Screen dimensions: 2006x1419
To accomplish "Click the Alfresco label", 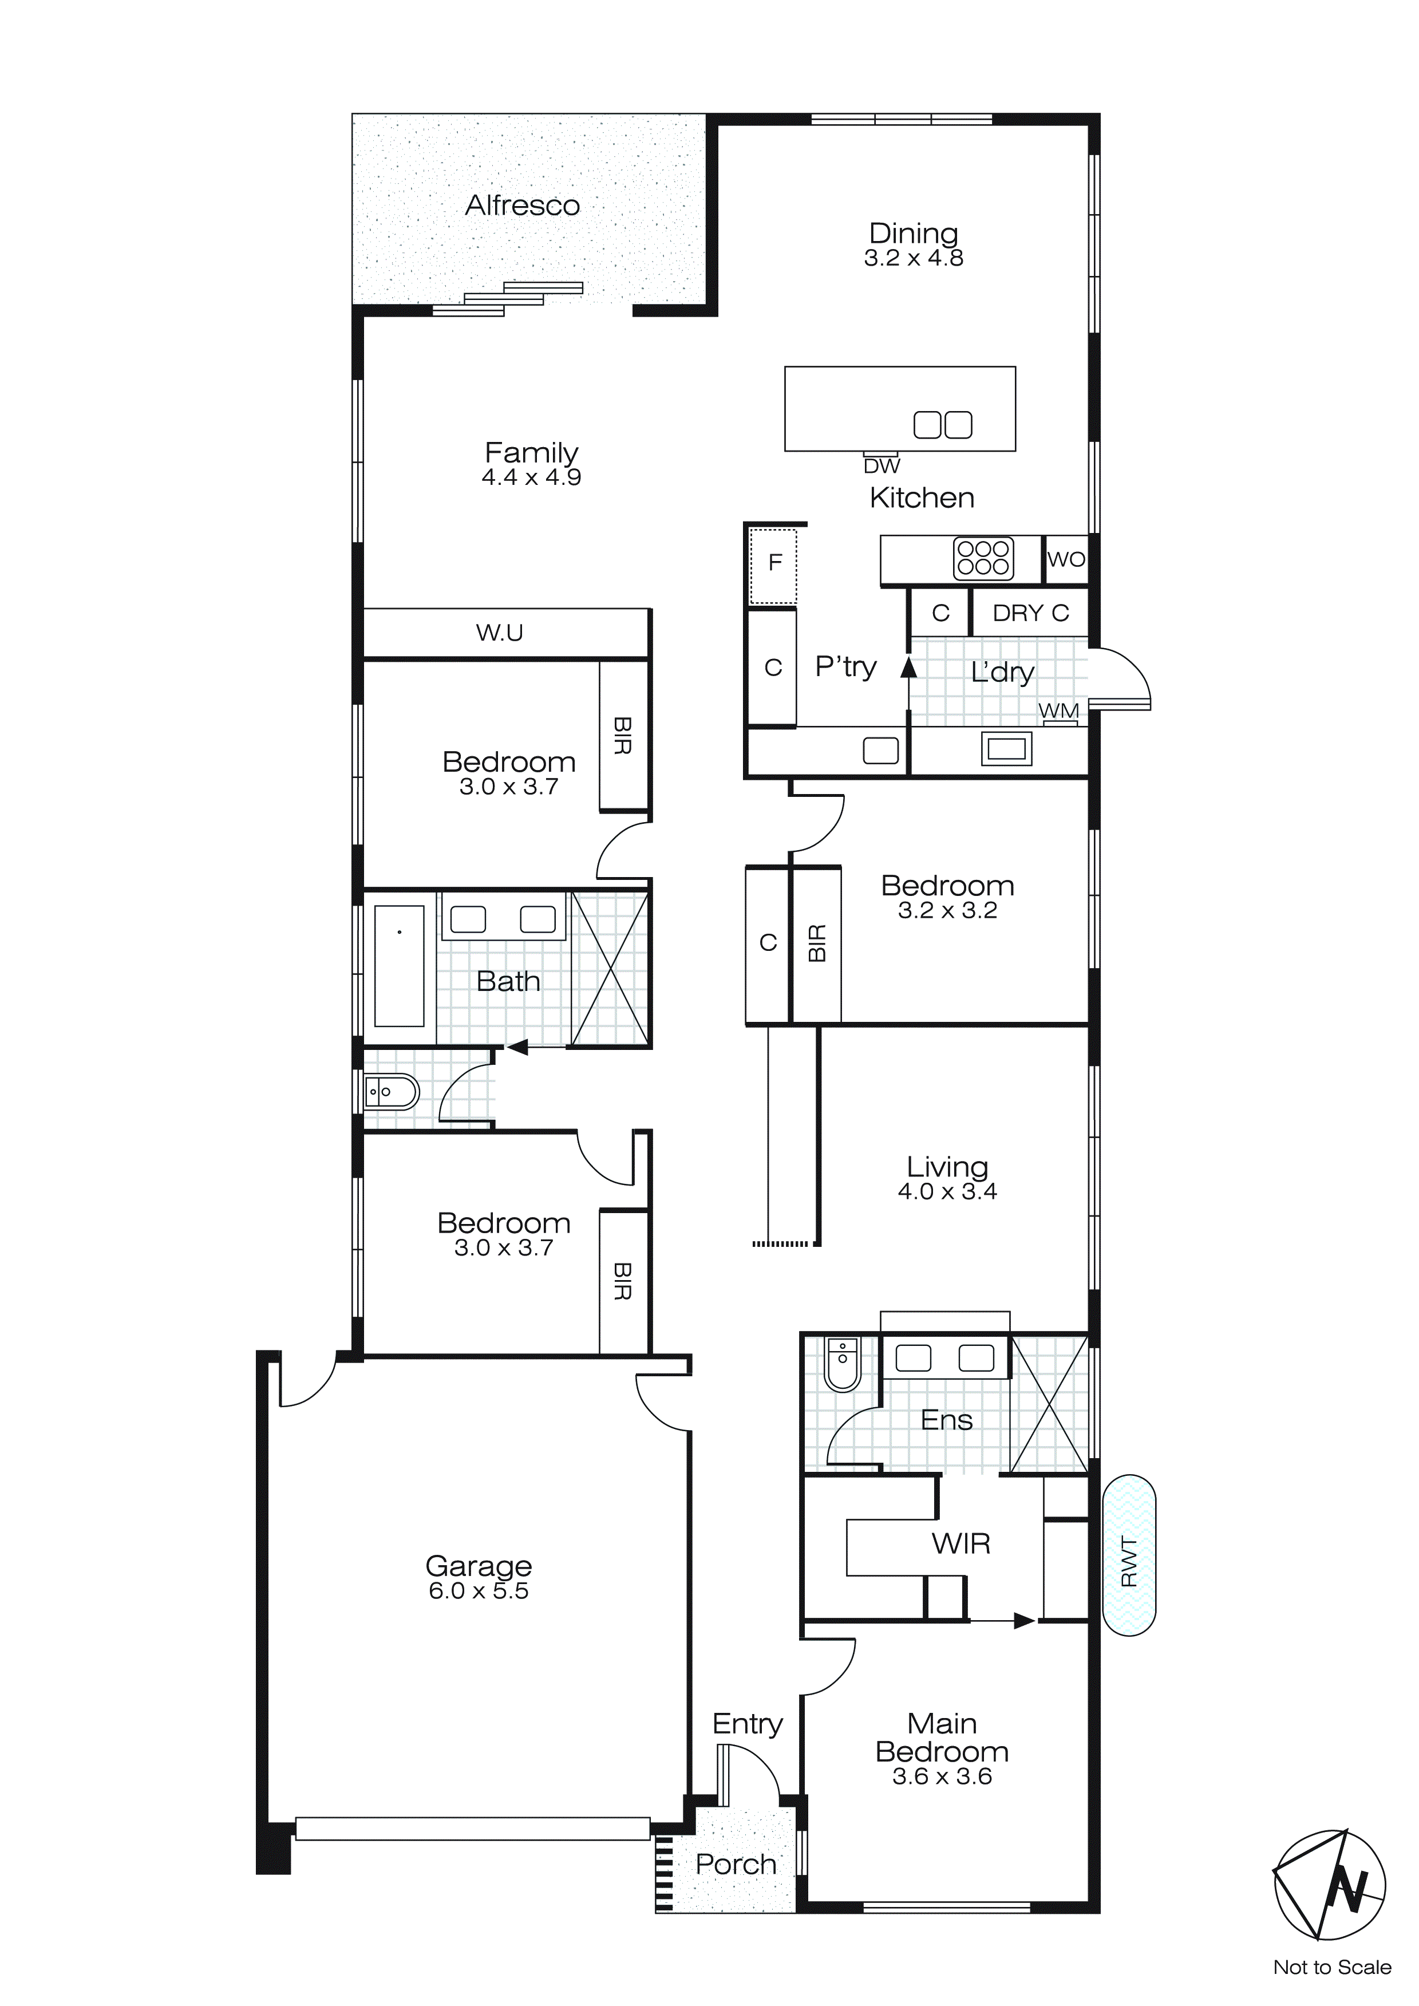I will (x=523, y=206).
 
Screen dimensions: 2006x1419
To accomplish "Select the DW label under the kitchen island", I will (x=881, y=467).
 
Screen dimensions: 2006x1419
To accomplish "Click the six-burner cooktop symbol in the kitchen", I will (x=983, y=558).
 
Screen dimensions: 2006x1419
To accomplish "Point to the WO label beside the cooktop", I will (x=1066, y=559).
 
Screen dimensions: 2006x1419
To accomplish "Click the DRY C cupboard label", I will (x=1030, y=613).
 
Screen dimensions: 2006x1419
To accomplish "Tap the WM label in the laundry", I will (x=1058, y=711).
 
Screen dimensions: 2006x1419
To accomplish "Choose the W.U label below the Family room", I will (x=499, y=633).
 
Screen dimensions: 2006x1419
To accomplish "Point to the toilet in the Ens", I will (x=843, y=1365).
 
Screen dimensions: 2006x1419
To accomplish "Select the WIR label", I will (x=961, y=1544).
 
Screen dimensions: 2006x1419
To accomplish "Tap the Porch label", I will (x=736, y=1865).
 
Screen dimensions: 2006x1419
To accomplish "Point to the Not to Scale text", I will (x=1331, y=1968).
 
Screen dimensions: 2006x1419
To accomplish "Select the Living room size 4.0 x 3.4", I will (x=947, y=1192).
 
